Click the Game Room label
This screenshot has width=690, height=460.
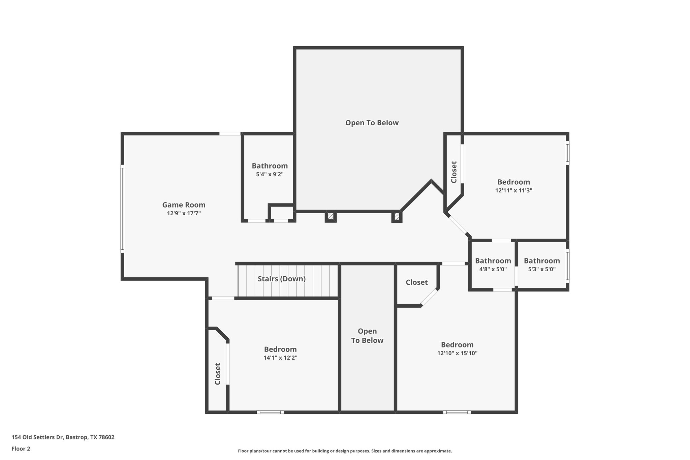point(184,205)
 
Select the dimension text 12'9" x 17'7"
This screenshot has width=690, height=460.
point(184,213)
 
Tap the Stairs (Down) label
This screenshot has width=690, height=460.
point(282,279)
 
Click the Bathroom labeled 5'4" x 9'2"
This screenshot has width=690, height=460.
point(270,166)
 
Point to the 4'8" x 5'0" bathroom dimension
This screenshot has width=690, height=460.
point(493,269)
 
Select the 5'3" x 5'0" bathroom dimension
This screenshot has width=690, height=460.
point(542,269)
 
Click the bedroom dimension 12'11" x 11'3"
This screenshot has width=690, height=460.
point(513,190)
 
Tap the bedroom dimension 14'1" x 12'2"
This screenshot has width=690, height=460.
point(280,358)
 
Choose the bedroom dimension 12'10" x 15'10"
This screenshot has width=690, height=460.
point(457,353)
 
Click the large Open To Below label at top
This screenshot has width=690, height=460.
point(372,123)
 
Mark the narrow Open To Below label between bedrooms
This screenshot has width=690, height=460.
point(367,336)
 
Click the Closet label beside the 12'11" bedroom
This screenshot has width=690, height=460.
point(454,172)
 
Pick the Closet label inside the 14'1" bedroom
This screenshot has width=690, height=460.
point(218,374)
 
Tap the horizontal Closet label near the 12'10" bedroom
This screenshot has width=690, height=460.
point(416,282)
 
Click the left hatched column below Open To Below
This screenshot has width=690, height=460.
point(331,216)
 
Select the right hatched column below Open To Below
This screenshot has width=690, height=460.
point(397,216)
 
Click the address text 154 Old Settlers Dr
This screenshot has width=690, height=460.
point(63,437)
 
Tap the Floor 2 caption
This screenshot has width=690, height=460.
point(21,449)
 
